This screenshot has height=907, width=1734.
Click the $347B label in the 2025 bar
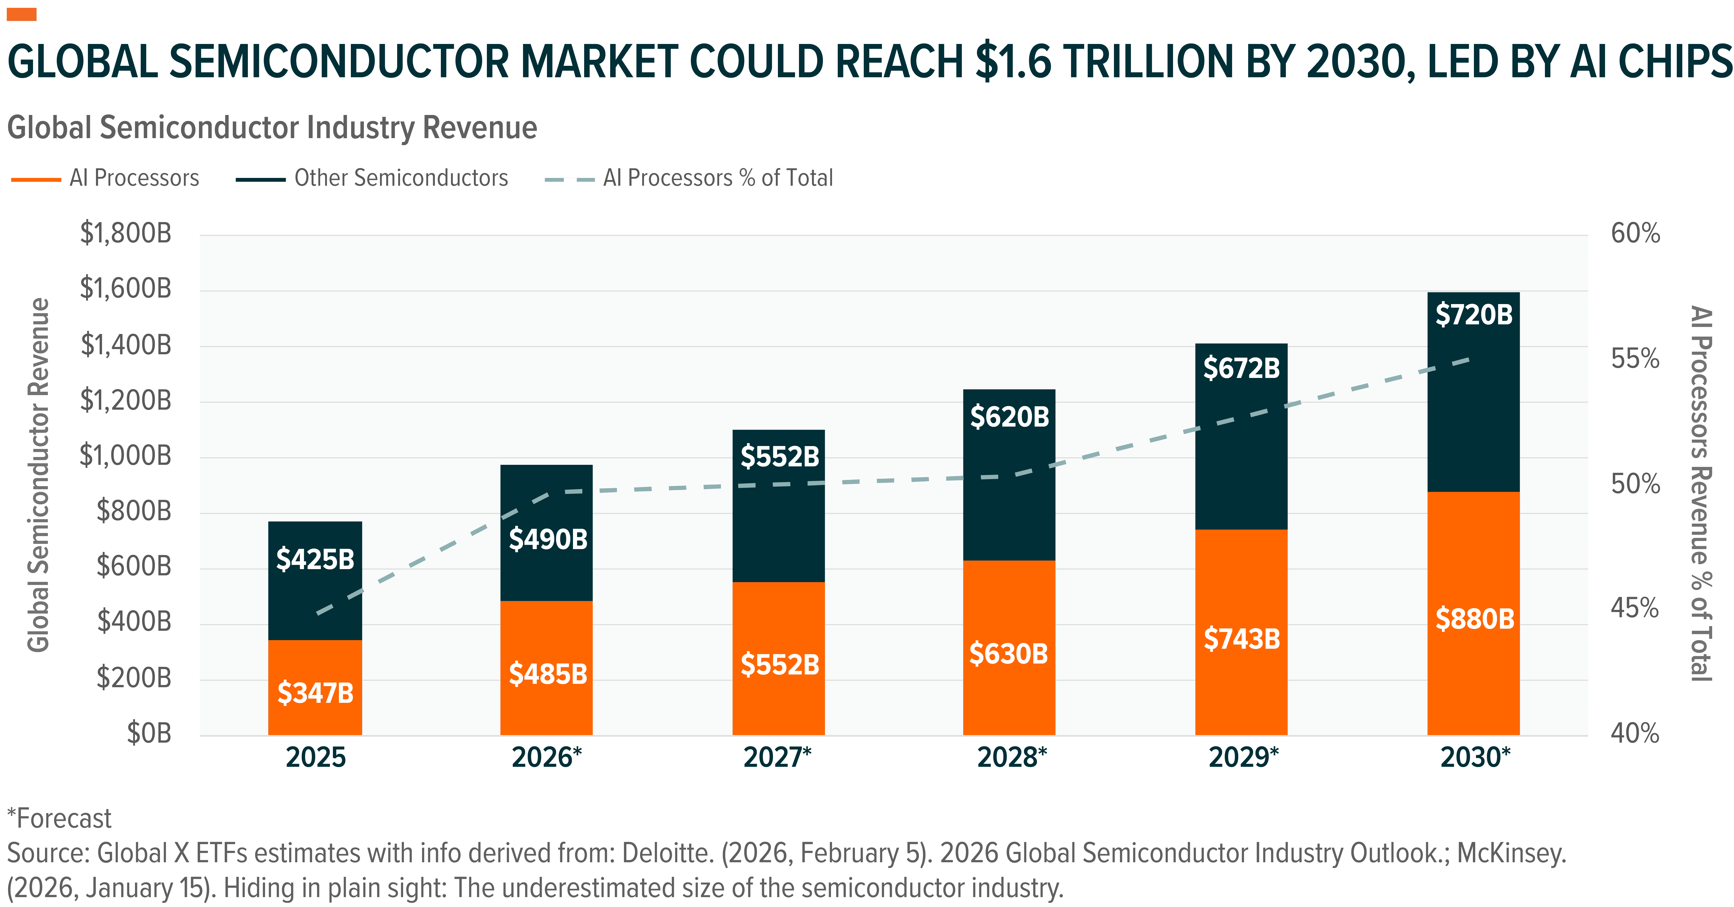point(315,693)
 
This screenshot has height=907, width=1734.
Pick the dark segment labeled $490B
point(547,539)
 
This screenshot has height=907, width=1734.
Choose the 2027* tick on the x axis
point(777,757)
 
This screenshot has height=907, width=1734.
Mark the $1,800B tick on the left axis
point(126,234)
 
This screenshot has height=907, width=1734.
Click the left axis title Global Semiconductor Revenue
point(38,475)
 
